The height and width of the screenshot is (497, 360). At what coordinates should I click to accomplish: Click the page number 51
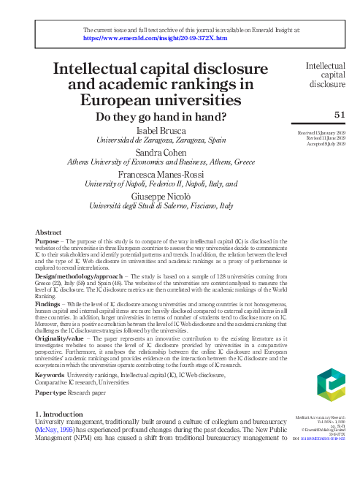(x=340, y=115)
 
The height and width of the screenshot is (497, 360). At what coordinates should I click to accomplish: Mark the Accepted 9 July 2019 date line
(x=323, y=145)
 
